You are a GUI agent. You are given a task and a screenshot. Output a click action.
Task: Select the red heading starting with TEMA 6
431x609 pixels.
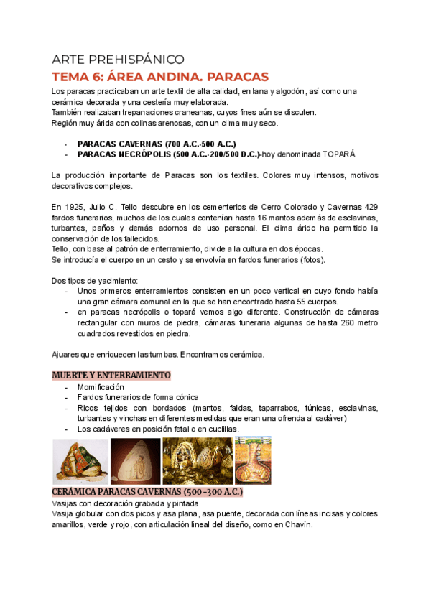(x=160, y=76)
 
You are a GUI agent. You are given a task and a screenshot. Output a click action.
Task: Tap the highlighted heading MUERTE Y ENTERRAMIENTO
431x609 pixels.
(x=111, y=375)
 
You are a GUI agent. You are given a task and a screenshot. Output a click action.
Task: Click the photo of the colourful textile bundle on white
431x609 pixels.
(x=81, y=460)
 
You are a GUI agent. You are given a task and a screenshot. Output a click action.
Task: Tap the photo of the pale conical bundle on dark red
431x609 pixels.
(x=135, y=460)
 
